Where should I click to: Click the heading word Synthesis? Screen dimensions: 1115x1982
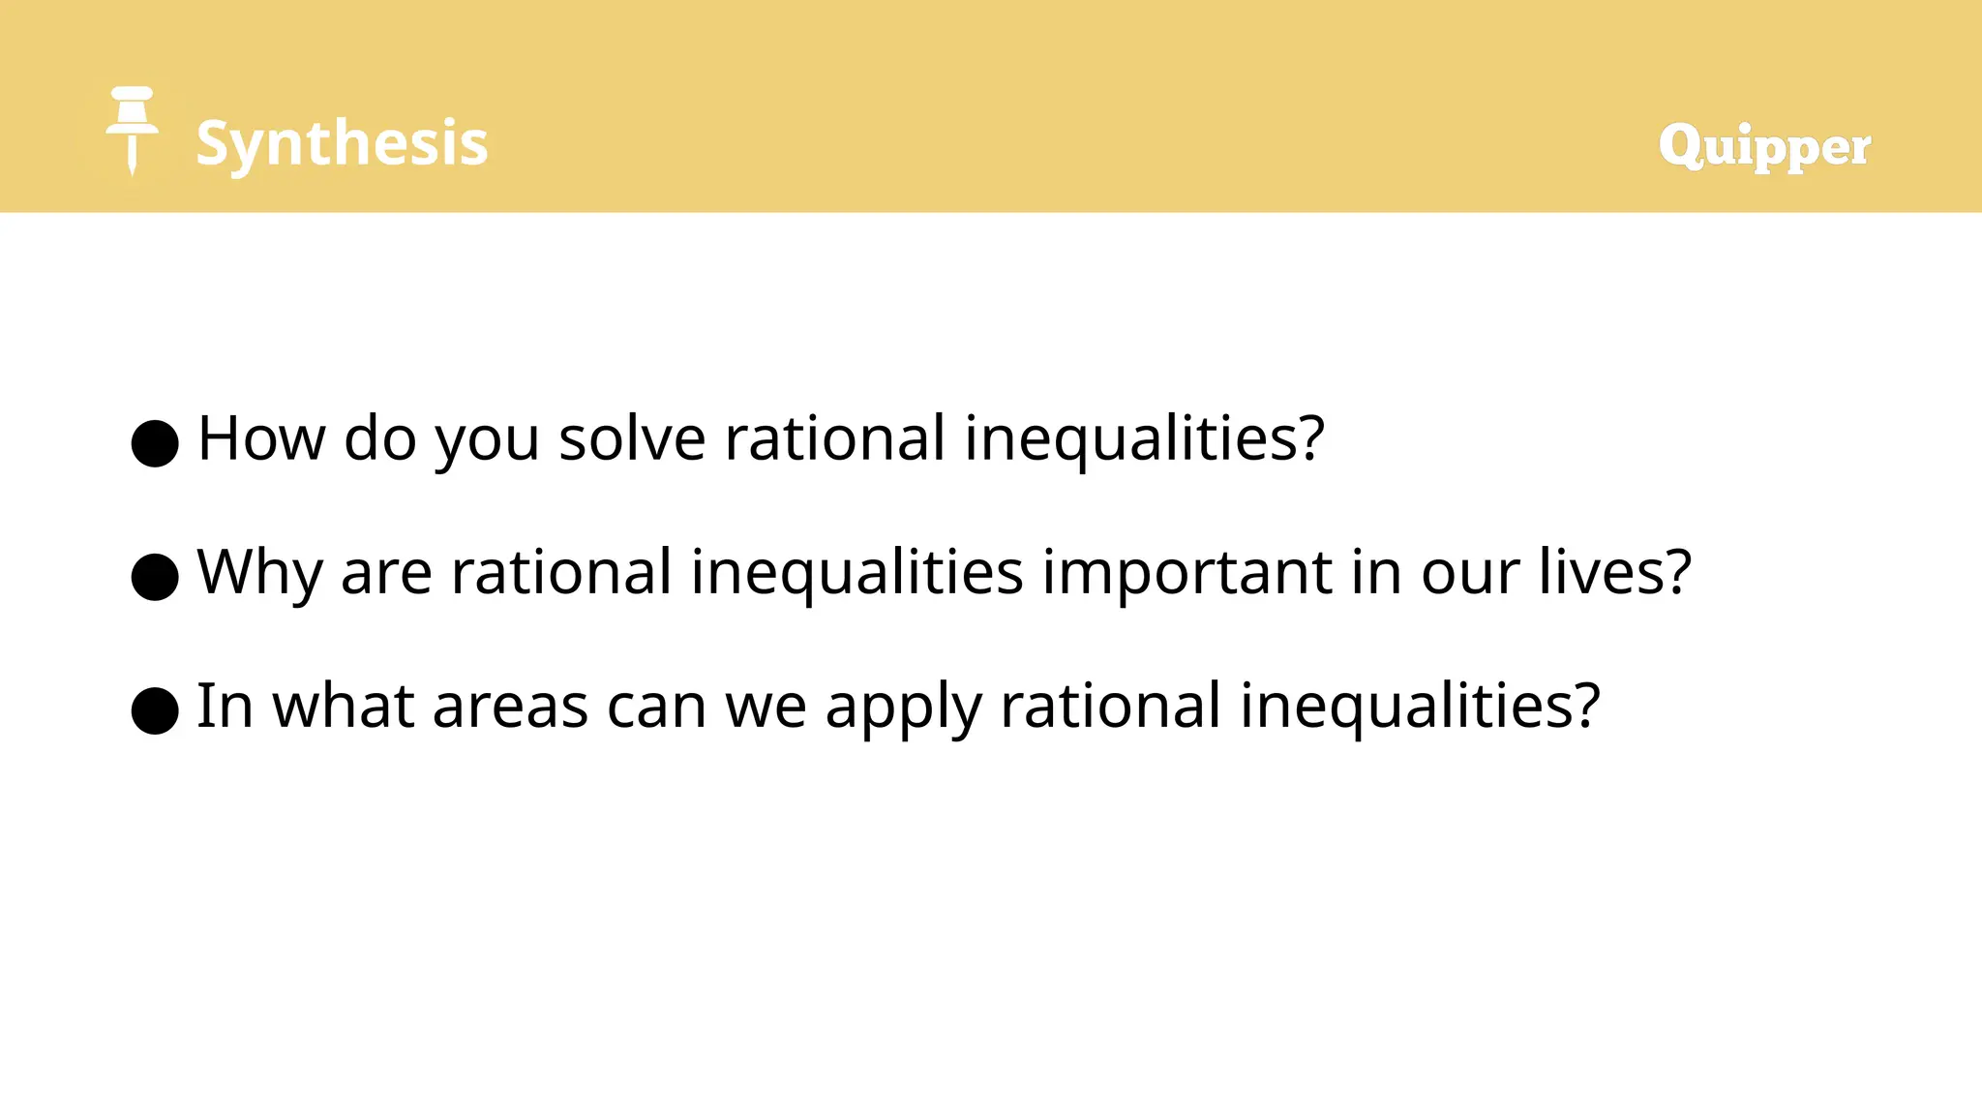342,143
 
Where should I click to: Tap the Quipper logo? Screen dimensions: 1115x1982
1764,146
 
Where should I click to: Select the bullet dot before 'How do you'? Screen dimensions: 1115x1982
155,443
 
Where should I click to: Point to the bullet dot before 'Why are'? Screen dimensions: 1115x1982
155,577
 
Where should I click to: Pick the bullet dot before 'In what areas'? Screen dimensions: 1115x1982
155,710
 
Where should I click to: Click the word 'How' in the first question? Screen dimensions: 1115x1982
261,438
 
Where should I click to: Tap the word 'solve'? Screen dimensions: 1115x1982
632,438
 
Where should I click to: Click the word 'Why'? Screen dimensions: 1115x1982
259,572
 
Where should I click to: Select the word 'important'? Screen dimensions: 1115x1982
1186,572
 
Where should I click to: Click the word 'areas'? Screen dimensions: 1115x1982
510,706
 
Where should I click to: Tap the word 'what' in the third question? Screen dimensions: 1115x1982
344,706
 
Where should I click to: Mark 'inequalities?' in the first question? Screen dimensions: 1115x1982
1144,438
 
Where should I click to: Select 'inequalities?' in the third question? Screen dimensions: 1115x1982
1420,706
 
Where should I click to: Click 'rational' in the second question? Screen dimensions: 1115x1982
561,572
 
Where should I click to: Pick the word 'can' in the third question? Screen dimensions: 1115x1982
657,706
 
